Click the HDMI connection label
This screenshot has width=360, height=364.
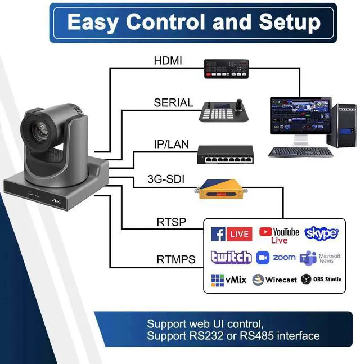pyautogui.click(x=168, y=61)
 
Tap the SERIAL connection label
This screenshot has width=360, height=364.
pyautogui.click(x=173, y=103)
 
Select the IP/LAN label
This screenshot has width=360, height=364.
pyautogui.click(x=172, y=145)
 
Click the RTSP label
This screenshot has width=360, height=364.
pyautogui.click(x=171, y=222)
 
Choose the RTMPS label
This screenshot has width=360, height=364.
pyautogui.click(x=175, y=259)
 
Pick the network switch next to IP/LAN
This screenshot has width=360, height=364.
pyautogui.click(x=226, y=154)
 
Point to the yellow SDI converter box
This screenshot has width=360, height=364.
pyautogui.click(x=222, y=191)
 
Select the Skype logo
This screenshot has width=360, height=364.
pyautogui.click(x=321, y=233)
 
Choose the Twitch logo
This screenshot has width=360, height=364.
pyautogui.click(x=231, y=258)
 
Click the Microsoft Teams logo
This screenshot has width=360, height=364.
pyautogui.click(x=320, y=258)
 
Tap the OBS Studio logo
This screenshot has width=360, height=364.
pyautogui.click(x=321, y=279)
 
